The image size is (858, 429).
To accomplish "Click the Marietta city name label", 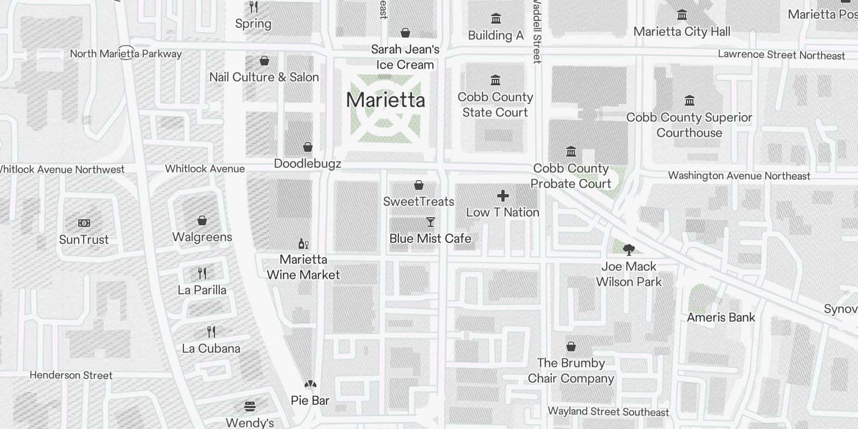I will pyautogui.click(x=386, y=100).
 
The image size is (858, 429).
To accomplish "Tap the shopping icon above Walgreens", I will pyautogui.click(x=202, y=220).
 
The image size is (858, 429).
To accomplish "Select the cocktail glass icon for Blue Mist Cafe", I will pyautogui.click(x=430, y=222).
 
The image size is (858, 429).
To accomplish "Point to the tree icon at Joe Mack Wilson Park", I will pyautogui.click(x=628, y=249).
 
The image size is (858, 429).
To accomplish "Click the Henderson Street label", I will pyautogui.click(x=71, y=375).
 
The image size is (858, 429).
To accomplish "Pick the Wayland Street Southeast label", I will pyautogui.click(x=608, y=412).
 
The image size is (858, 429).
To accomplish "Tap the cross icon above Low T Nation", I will pyautogui.click(x=502, y=196).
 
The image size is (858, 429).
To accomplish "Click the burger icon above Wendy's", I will pyautogui.click(x=249, y=406).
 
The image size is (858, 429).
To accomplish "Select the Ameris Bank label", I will pyautogui.click(x=721, y=317).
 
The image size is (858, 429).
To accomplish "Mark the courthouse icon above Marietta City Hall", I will pyautogui.click(x=682, y=15).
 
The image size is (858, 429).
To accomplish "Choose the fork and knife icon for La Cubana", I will pyautogui.click(x=211, y=332).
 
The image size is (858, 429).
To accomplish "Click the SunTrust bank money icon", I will pyautogui.click(x=84, y=223).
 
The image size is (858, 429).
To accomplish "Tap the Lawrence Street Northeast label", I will pyautogui.click(x=781, y=55).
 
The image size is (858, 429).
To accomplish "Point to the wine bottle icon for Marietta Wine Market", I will pyautogui.click(x=303, y=244).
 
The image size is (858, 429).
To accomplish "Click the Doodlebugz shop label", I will pyautogui.click(x=307, y=164).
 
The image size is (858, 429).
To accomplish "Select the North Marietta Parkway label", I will pyautogui.click(x=125, y=54).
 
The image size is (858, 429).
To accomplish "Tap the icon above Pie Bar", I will pyautogui.click(x=310, y=384).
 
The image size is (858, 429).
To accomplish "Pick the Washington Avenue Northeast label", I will pyautogui.click(x=739, y=176).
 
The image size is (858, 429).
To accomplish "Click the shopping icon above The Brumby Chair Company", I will pyautogui.click(x=571, y=347).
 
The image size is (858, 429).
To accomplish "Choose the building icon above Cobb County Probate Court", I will pyautogui.click(x=571, y=152).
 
